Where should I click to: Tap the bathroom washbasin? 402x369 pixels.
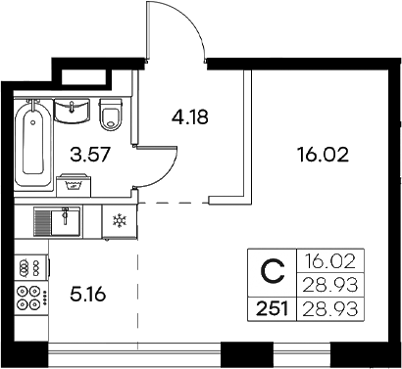[x=72, y=111]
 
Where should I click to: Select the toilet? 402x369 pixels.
[x=110, y=115]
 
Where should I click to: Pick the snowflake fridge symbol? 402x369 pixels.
[x=118, y=219]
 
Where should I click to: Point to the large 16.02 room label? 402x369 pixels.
[x=323, y=154]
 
